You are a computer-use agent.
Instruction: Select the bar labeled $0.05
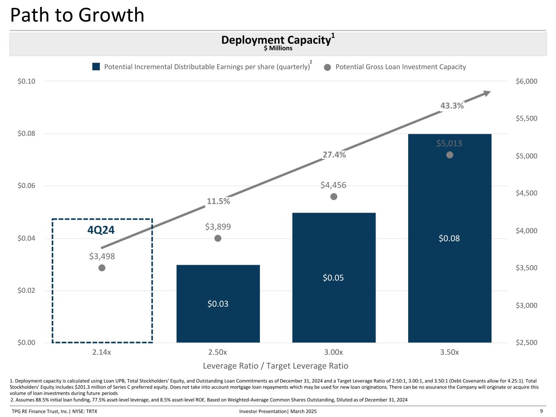coord(334,277)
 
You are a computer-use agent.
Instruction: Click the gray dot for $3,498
coord(102,268)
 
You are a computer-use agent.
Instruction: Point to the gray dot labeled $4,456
coord(334,197)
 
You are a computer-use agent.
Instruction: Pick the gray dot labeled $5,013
coord(450,155)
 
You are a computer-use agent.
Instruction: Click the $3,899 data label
coord(218,226)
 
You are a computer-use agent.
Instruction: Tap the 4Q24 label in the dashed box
coord(101,230)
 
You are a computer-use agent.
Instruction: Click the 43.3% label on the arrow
coord(452,105)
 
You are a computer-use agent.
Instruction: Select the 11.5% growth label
coord(218,201)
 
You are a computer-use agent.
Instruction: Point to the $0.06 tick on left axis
coord(26,186)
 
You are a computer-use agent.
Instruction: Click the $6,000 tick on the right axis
coord(526,81)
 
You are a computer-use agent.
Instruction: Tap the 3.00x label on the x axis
coord(334,352)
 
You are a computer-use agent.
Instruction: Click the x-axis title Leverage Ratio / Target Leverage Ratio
coord(275,366)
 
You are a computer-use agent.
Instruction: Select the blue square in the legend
coord(96,67)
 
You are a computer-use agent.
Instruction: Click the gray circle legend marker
coord(327,67)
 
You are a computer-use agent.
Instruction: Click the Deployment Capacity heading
coord(276,40)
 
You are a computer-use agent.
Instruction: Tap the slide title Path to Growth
coord(77,15)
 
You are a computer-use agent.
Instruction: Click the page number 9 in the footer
coord(541,411)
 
